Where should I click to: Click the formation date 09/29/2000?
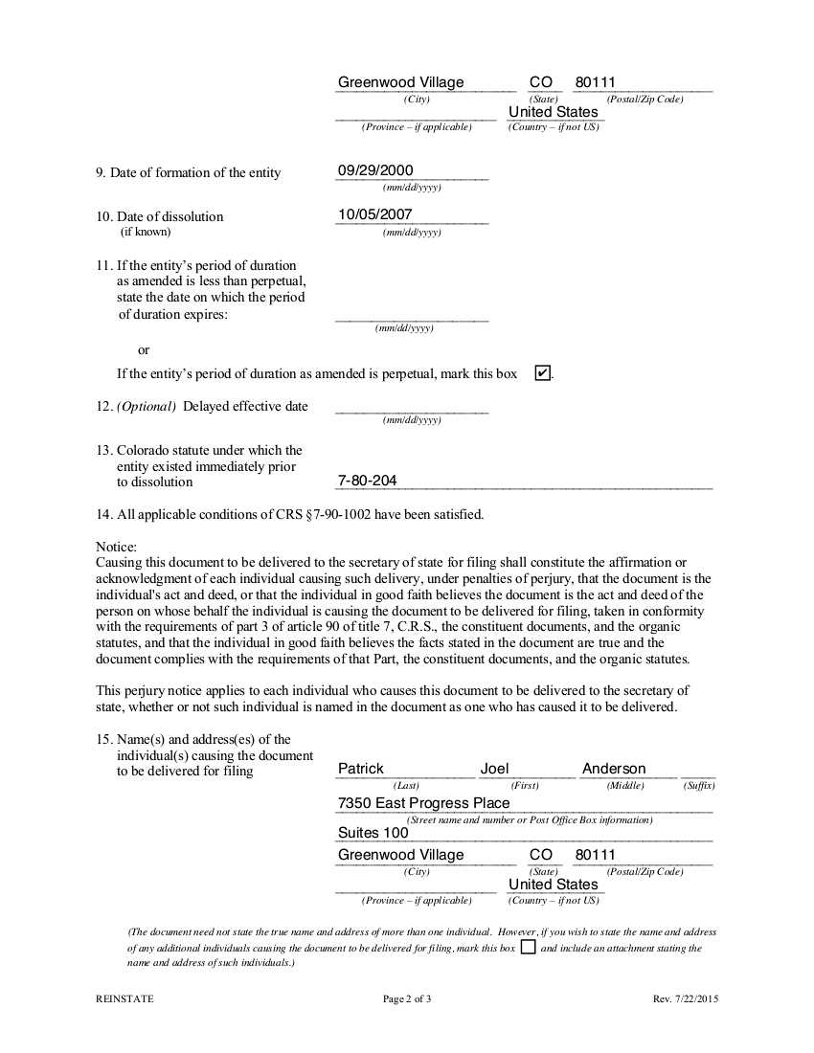tap(375, 170)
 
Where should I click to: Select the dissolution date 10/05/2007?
tap(375, 214)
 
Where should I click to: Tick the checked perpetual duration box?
tap(542, 373)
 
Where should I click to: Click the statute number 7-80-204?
tap(368, 481)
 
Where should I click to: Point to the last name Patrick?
tap(361, 769)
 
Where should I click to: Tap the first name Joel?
tap(495, 769)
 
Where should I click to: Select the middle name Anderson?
tap(614, 769)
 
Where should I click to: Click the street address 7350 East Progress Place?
tap(423, 803)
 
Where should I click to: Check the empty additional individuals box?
tap(528, 948)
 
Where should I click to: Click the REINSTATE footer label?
tap(124, 999)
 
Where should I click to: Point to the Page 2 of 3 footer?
tap(407, 999)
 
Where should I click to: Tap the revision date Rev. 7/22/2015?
tap(686, 999)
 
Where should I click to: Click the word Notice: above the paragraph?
tap(117, 547)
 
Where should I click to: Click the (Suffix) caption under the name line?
tap(699, 786)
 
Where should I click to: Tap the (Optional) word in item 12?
tap(147, 406)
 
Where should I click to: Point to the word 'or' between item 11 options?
tap(144, 350)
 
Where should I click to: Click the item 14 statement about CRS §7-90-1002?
tap(290, 514)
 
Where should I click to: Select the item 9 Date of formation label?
tap(189, 172)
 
